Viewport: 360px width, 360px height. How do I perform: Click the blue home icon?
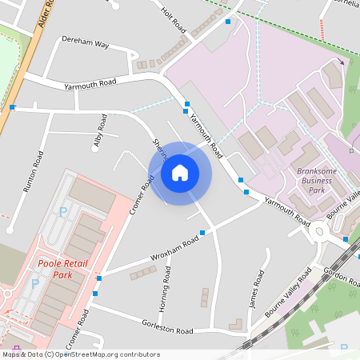click(180, 173)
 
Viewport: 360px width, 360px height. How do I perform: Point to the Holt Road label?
click(174, 22)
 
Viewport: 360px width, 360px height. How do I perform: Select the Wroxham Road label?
click(174, 250)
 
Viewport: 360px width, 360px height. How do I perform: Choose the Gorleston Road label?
click(167, 330)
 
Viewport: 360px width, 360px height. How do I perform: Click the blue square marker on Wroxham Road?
click(202, 232)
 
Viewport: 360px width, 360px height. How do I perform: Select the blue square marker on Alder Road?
click(13, 106)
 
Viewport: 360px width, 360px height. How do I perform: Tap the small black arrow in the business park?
click(342, 62)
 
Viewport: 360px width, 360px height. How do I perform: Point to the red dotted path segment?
click(322, 30)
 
